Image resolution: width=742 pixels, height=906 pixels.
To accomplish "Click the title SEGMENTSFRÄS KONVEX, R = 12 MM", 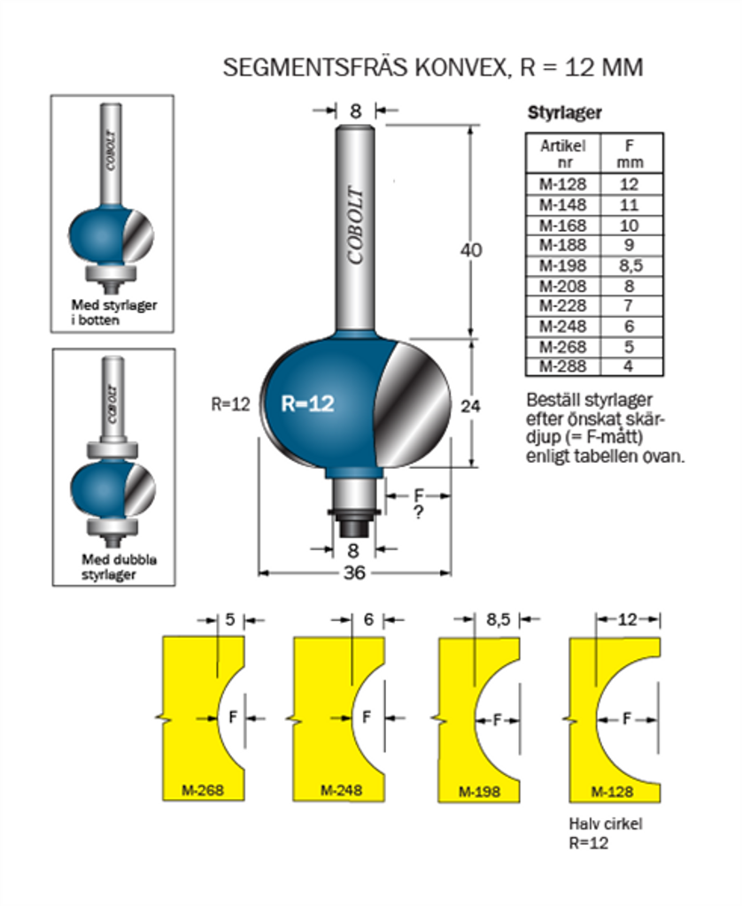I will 432,68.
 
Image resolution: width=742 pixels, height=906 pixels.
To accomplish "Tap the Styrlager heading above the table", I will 565,113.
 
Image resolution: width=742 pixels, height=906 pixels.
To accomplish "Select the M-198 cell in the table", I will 562,265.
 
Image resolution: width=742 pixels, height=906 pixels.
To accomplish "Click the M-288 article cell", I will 562,366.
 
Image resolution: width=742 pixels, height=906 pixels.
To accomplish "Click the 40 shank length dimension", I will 472,250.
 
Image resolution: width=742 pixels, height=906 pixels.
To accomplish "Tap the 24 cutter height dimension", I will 472,406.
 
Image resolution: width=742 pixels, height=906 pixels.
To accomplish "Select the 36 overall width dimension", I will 355,572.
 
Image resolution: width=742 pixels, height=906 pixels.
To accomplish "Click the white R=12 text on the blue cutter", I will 307,403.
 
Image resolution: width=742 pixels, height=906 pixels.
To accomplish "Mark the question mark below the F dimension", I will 418,512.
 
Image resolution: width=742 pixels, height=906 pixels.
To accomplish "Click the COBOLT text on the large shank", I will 356,226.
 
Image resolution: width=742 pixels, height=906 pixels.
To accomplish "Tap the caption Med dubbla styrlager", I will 113,567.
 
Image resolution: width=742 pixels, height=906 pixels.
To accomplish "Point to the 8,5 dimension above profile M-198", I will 499,620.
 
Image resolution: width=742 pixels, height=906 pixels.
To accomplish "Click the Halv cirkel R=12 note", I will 605,833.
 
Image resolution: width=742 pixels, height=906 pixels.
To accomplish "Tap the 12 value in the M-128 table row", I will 630,185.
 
